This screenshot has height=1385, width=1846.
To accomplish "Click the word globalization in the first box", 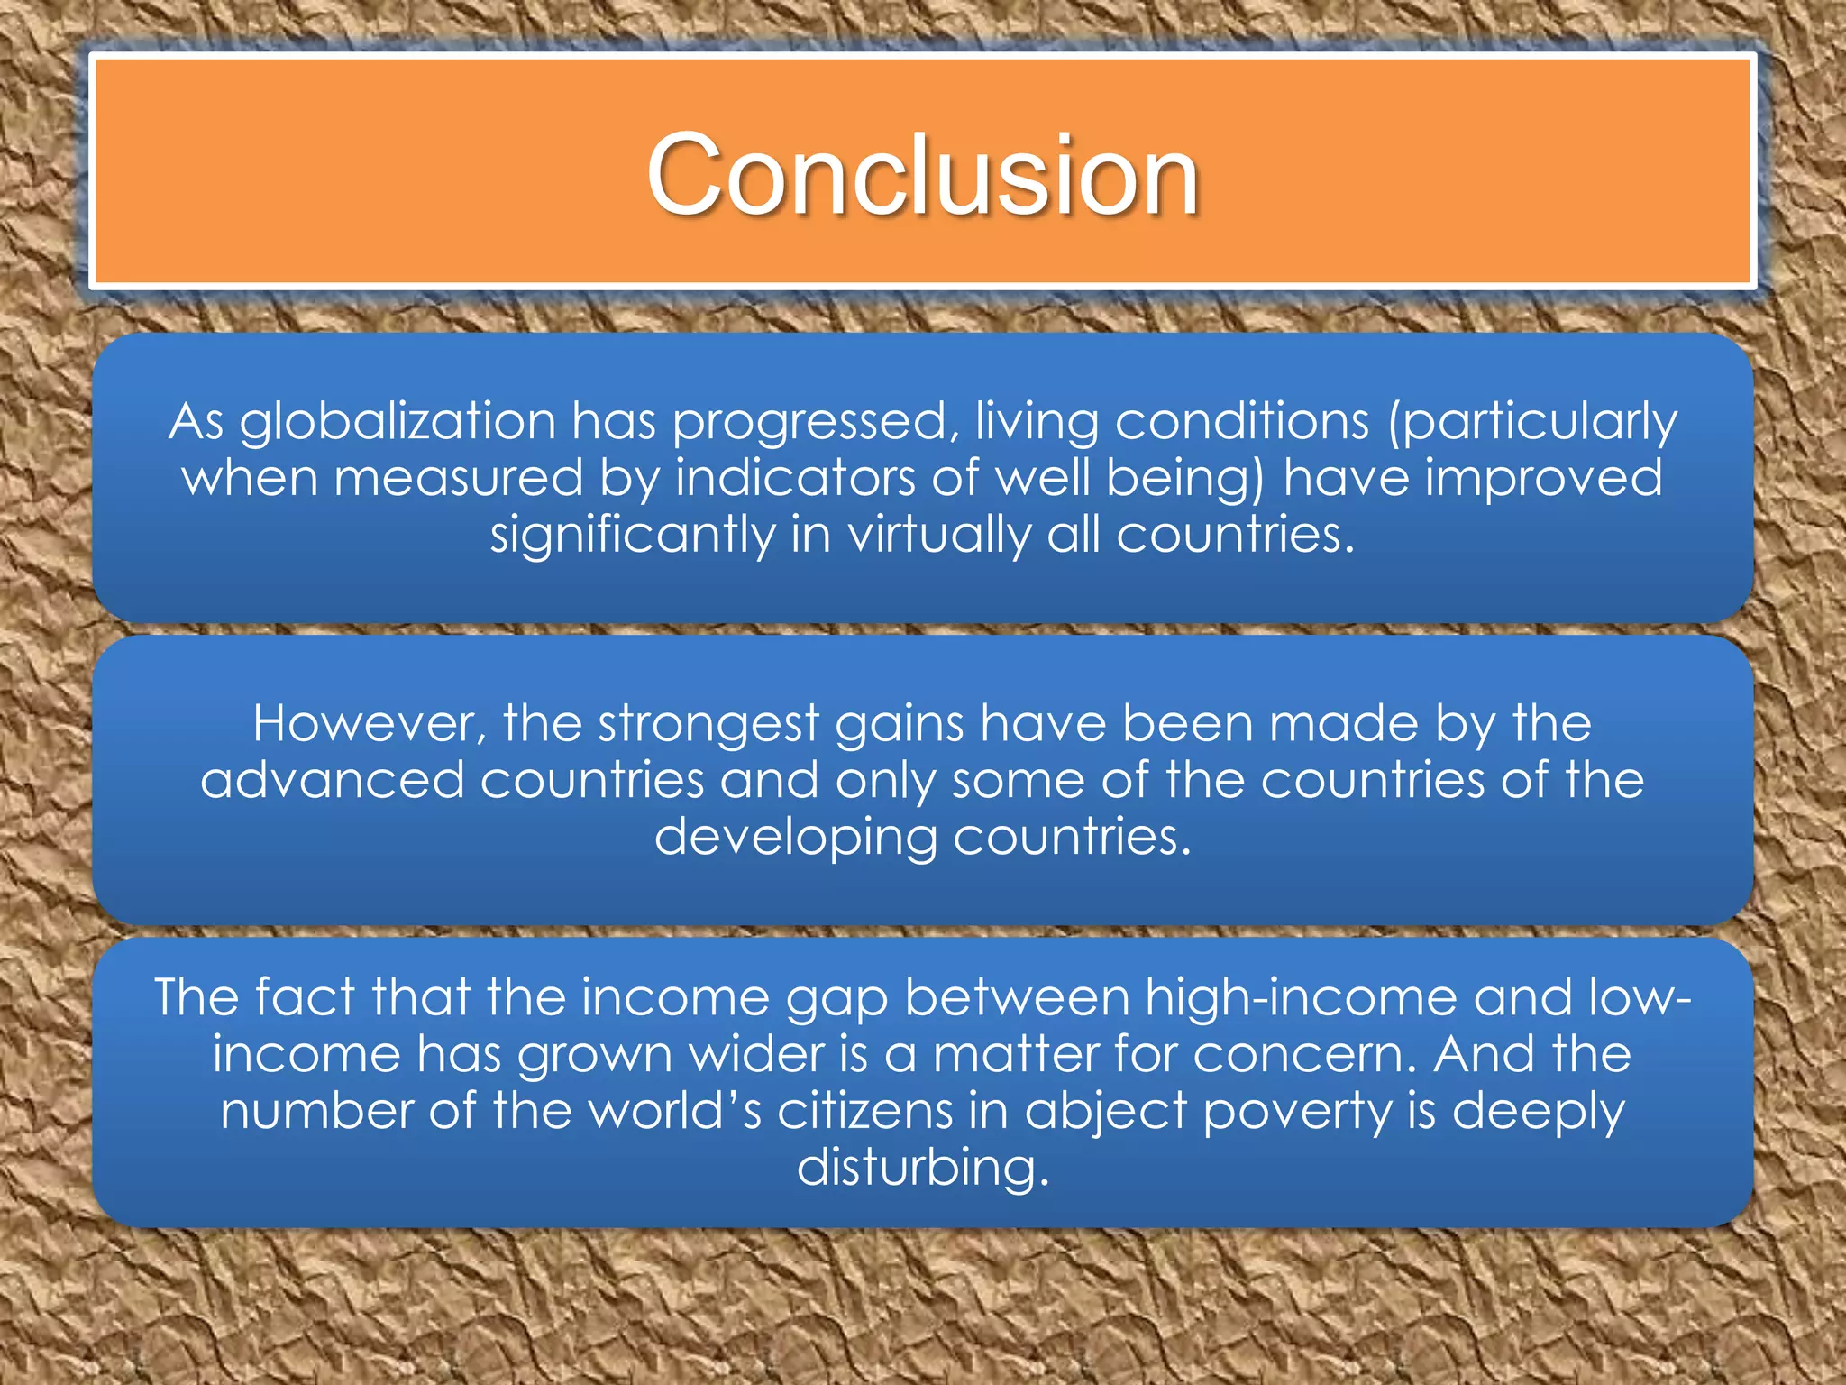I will [398, 421].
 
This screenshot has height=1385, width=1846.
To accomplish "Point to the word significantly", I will [632, 535].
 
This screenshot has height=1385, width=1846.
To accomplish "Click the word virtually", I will [938, 535].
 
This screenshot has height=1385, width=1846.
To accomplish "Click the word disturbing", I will [923, 1168].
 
